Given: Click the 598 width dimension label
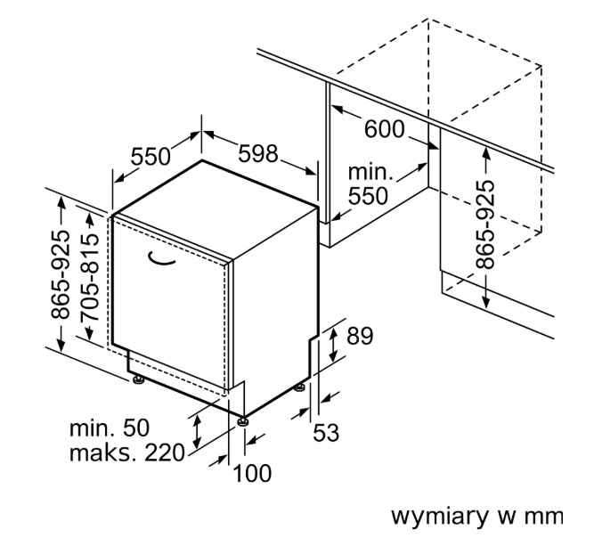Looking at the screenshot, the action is pos(258,154).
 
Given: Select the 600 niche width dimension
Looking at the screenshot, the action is pos(384,129).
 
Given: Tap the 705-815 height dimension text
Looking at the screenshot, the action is pos(89,278).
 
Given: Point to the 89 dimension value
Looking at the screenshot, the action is pos(360,336).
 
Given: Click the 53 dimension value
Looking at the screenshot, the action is pos(326,433).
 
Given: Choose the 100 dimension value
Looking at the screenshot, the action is pos(252,473).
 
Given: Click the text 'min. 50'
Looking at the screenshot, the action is pos(110,428).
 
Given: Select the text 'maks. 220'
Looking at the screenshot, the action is pos(127,452).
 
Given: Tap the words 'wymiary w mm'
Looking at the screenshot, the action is pos(477,517).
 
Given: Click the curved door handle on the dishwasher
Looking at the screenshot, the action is pos(160,260).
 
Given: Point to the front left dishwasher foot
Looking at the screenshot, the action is pos(137,379).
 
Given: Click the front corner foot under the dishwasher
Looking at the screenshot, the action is pos(242,421).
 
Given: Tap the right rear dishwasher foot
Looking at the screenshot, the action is pos(300,387).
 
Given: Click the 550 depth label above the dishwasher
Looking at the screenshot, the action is pos(151,157).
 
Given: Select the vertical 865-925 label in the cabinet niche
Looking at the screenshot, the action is pos(484,225).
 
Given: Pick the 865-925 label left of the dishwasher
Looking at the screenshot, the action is pos(61,274).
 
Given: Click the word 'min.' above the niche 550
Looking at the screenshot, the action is pos(370,172).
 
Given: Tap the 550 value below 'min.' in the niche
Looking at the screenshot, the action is pos(368,196).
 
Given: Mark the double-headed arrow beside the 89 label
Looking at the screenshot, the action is pos(333,345).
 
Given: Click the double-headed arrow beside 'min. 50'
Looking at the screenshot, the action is pos(197,431).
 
